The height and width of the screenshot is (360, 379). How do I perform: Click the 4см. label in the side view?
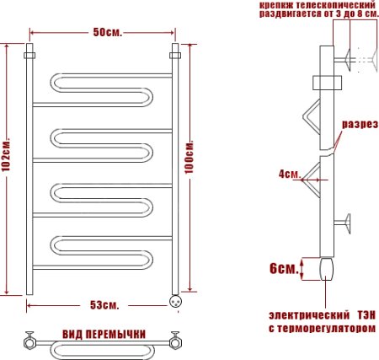tap(289, 175)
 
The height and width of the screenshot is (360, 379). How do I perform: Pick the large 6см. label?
tap(284, 270)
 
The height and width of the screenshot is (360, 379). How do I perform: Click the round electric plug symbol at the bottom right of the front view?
tap(176, 299)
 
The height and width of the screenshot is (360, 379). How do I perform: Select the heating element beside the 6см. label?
tap(326, 270)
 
